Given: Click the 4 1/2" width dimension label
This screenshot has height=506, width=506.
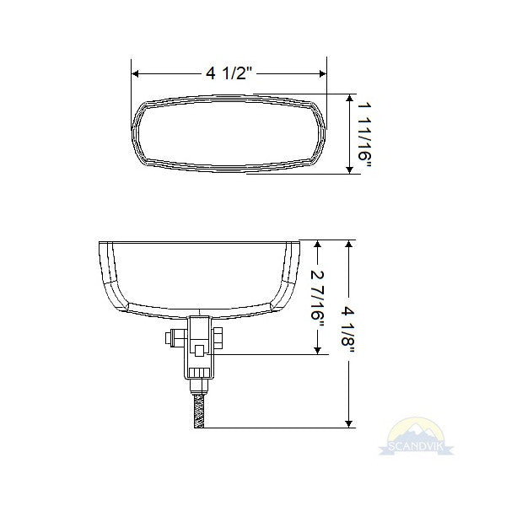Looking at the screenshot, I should click(229, 73).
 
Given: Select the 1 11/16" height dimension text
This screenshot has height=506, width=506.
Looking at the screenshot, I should click(363, 135).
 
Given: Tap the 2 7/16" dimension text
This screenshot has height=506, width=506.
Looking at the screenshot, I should click(317, 296).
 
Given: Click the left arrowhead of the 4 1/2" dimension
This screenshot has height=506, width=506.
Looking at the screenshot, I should click(136, 73).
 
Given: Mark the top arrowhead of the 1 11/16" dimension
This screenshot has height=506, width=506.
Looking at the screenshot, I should click(349, 97).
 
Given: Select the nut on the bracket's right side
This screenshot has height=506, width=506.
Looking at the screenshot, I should click(218, 338).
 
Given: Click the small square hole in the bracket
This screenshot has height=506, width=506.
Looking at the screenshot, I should click(200, 349).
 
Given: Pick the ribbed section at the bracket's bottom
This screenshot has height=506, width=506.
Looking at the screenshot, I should click(199, 374).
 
